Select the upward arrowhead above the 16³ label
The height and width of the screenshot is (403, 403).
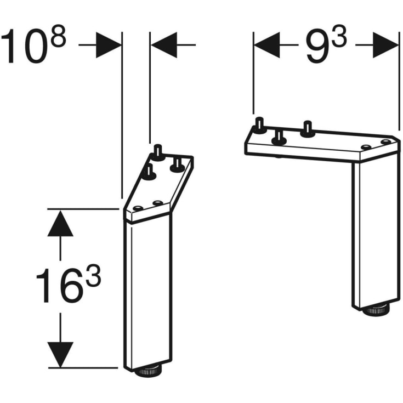(60, 223)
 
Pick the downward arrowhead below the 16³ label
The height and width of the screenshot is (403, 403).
(60, 354)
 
